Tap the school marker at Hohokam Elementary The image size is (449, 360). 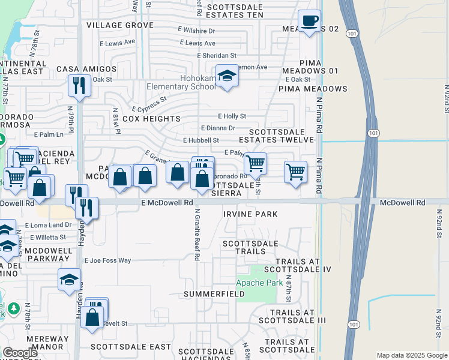tap(227, 76)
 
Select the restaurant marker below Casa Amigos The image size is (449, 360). tap(79, 85)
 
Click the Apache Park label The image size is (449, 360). tap(259, 282)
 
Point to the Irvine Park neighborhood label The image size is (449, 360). tap(250, 214)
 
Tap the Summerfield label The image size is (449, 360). tap(214, 294)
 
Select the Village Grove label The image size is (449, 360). tap(120, 25)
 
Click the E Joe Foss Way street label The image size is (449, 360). tap(107, 260)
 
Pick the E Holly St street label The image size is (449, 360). tap(232, 116)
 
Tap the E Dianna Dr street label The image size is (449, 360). tap(218, 128)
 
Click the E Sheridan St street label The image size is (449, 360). tap(217, 55)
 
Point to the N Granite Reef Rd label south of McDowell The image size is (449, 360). tap(197, 234)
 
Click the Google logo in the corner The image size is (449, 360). tap(20, 353)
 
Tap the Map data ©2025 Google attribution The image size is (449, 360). tap(411, 355)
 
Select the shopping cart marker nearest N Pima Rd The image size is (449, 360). tap(295, 172)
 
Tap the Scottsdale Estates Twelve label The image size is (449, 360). tap(282, 136)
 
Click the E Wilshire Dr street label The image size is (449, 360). tap(196, 30)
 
